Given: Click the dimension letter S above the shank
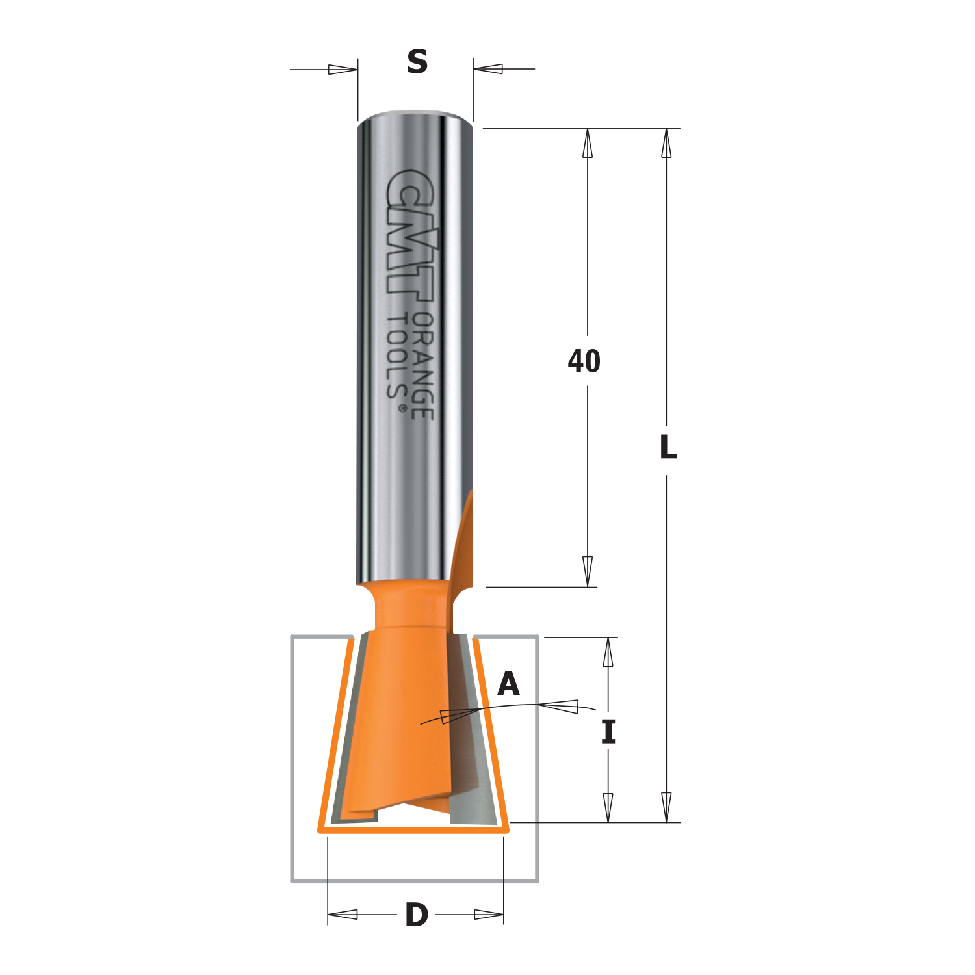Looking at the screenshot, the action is click(417, 62).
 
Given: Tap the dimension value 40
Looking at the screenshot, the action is click(584, 361).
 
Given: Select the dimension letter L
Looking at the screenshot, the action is click(668, 447).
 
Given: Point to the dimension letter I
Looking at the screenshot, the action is click(608, 733).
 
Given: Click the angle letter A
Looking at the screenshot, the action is click(509, 684).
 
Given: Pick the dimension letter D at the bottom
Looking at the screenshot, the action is click(417, 915).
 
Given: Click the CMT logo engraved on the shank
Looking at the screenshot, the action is click(411, 235).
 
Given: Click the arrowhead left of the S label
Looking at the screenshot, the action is click(343, 69).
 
